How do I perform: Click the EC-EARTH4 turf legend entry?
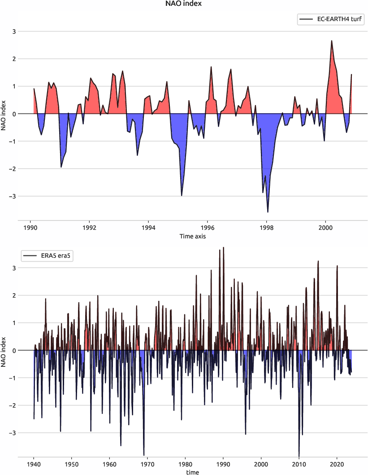tap(330, 19)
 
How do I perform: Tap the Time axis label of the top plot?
tap(192, 236)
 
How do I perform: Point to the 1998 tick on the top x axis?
tap(267, 227)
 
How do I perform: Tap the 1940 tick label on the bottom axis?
tap(34, 464)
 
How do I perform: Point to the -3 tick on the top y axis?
tap(13, 196)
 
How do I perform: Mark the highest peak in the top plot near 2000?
tap(332, 41)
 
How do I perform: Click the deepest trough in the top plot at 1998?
tap(268, 212)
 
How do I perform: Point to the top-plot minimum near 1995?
tap(182, 195)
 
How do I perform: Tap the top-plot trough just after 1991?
tap(61, 167)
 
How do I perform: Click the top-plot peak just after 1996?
tap(211, 67)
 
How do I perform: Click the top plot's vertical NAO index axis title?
tap(4, 114)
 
